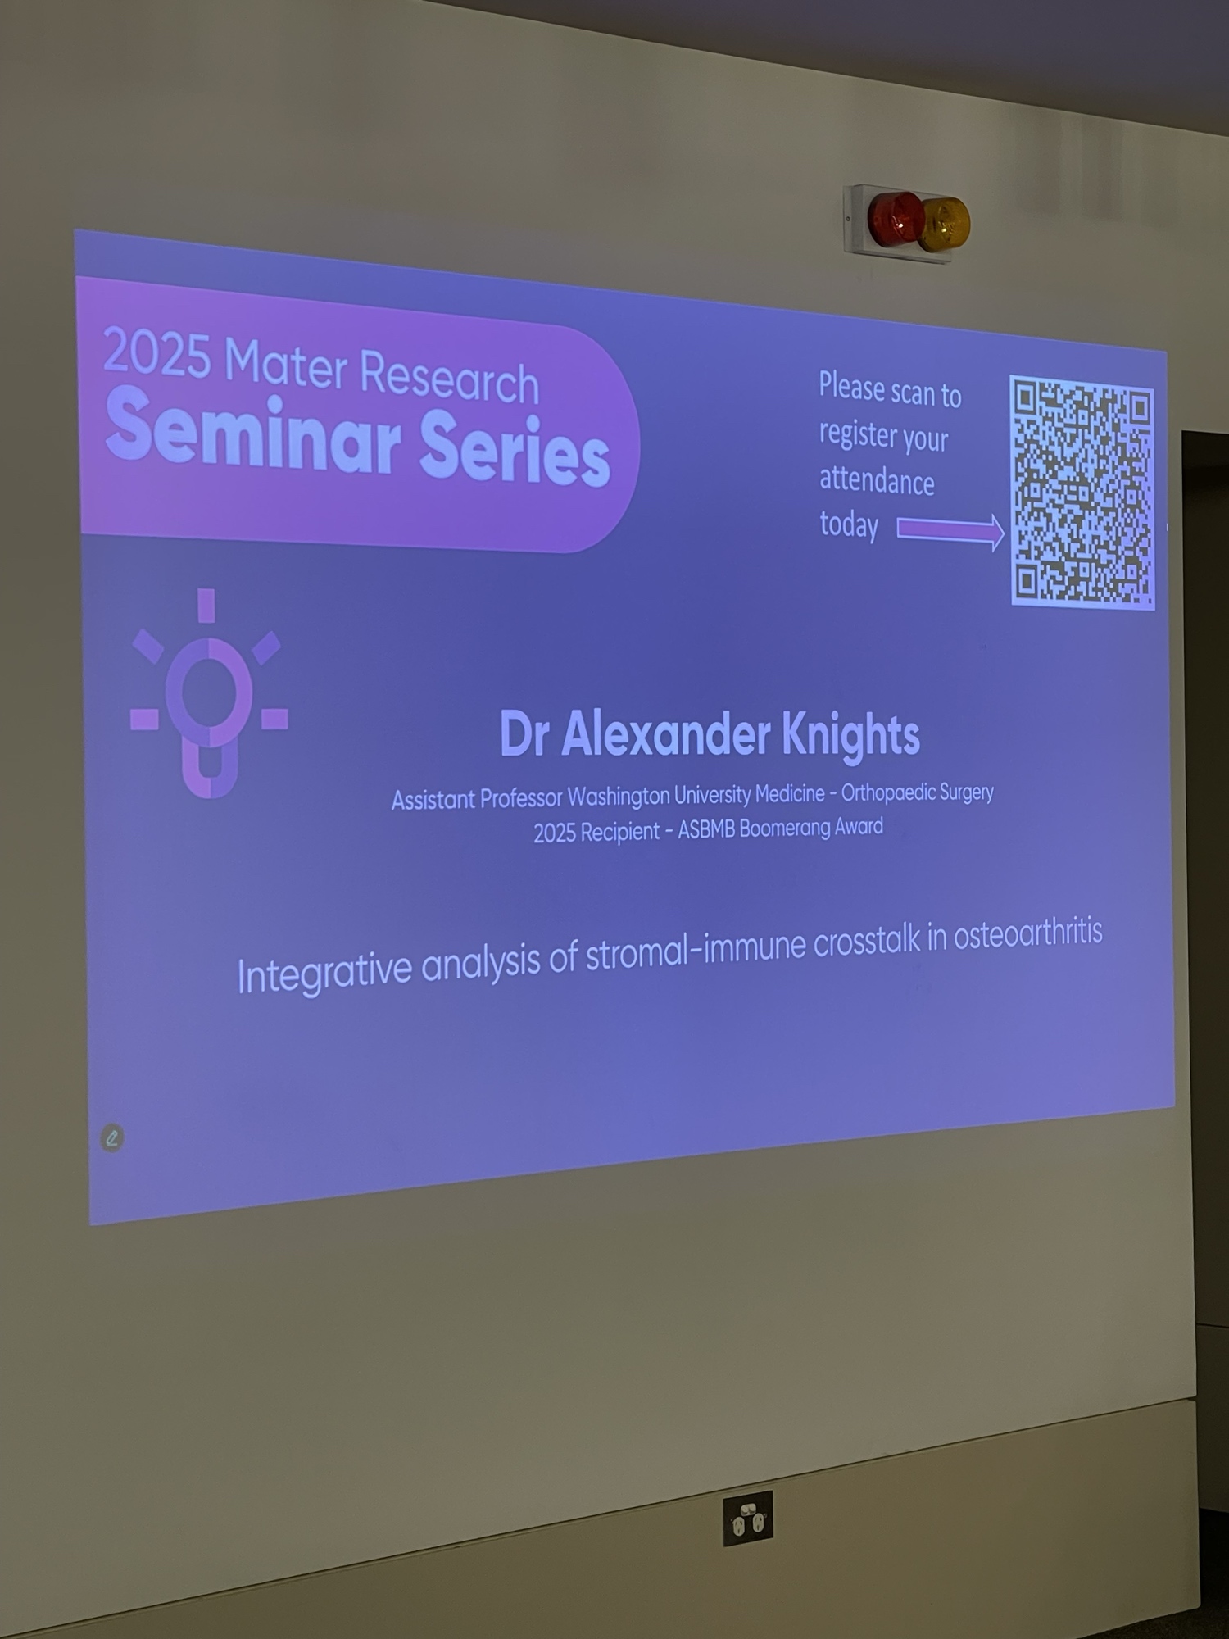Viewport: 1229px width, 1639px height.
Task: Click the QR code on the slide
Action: (1082, 493)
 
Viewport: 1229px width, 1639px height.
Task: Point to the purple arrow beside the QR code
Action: (950, 532)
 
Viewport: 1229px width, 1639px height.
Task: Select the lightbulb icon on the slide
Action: (209, 692)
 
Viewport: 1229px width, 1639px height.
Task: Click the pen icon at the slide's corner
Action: (112, 1137)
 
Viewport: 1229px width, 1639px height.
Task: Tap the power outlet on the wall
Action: (747, 1519)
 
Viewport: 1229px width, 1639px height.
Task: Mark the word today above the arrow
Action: (849, 525)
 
